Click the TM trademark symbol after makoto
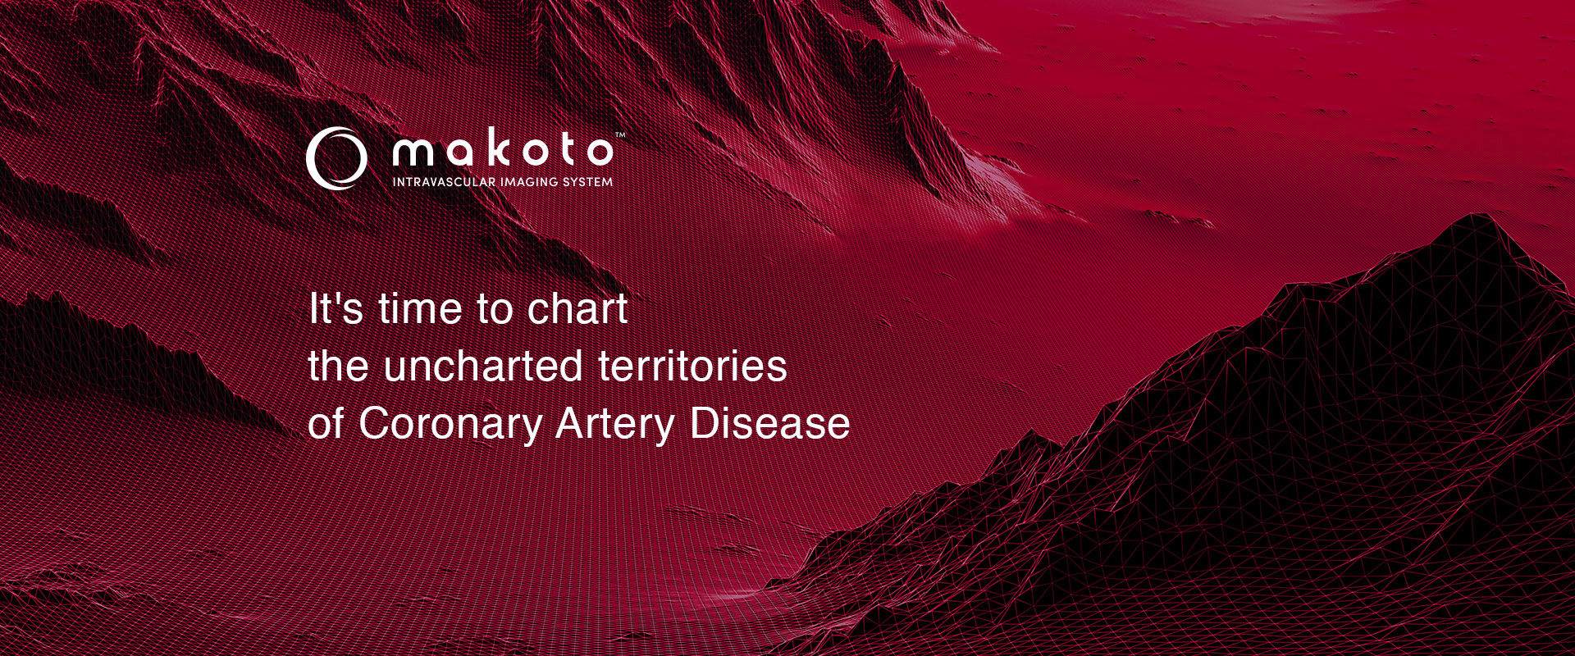coord(620,135)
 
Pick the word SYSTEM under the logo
coord(588,181)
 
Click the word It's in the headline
coord(336,309)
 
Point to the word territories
coord(692,366)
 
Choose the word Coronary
coord(450,425)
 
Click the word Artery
coord(615,425)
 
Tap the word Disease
coord(769,423)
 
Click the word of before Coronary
coord(326,423)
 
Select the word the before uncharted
coord(339,366)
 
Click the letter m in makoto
coord(413,152)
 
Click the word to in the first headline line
coord(495,309)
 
